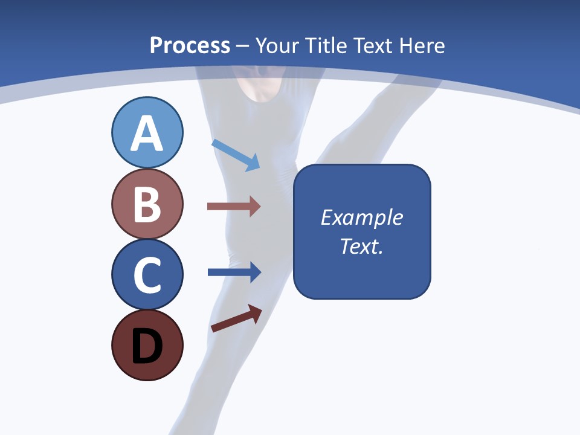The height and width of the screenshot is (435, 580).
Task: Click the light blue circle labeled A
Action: [x=147, y=132]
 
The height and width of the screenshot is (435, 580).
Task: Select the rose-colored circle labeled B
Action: [x=147, y=204]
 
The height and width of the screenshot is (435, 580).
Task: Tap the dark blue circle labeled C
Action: [x=147, y=274]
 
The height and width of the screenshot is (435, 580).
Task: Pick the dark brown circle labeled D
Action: [x=147, y=346]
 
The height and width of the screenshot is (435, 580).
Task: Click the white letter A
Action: [x=147, y=134]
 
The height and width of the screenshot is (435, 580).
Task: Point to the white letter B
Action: [x=147, y=204]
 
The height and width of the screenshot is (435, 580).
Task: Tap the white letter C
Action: [x=147, y=275]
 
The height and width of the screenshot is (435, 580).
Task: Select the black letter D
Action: [x=147, y=347]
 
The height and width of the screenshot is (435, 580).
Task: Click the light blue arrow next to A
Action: [x=236, y=155]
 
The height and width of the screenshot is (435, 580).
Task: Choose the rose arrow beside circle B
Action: [x=234, y=207]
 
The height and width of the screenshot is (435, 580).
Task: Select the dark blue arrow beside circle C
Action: [x=234, y=272]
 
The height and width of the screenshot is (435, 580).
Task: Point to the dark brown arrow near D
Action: [x=236, y=318]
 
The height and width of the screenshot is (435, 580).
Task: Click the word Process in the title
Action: [x=190, y=46]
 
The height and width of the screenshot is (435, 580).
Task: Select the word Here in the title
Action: [x=422, y=46]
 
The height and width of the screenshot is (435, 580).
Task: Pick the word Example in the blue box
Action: [x=361, y=217]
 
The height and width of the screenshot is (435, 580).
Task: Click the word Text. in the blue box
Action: [x=361, y=246]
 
